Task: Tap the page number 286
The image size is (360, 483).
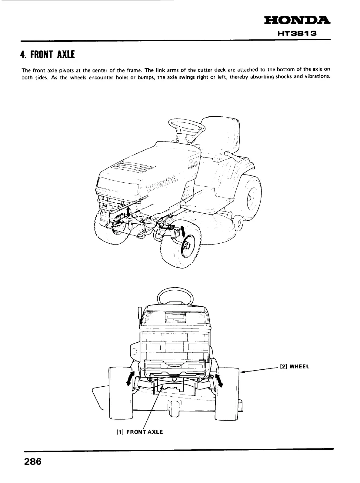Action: pyautogui.click(x=32, y=462)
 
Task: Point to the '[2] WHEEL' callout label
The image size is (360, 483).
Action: pyautogui.click(x=294, y=366)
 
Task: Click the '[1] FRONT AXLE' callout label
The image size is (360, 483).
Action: pyautogui.click(x=140, y=432)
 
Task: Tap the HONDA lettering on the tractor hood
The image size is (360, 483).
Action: pyautogui.click(x=162, y=185)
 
